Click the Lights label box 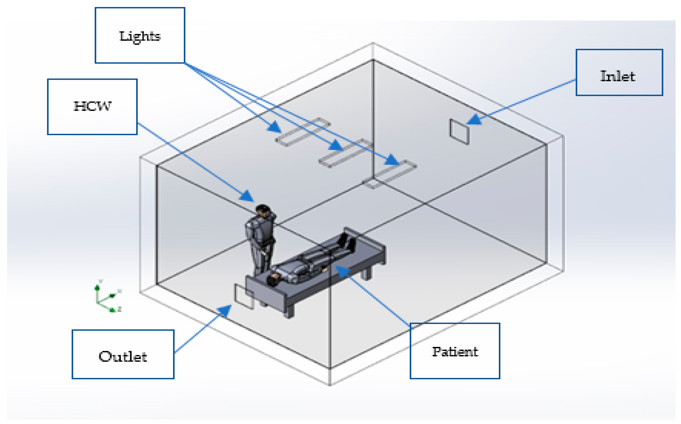[x=140, y=35]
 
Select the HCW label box [x=92, y=107]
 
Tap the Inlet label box [x=619, y=73]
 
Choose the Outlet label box [x=123, y=354]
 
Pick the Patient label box [x=455, y=351]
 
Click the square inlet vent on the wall [x=459, y=132]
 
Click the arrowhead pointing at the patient [x=342, y=271]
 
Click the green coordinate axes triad [x=107, y=297]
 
